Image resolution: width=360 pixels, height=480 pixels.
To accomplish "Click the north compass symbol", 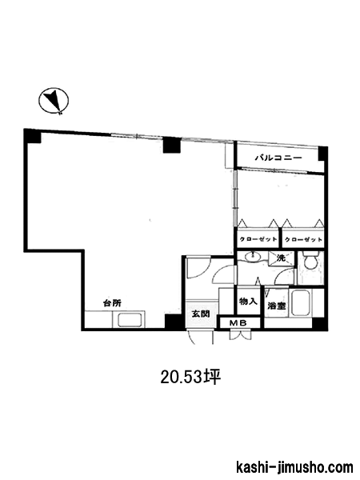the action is click(x=54, y=101).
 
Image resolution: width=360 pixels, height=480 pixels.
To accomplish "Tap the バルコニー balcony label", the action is click(x=279, y=158).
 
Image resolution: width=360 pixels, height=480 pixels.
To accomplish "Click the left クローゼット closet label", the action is click(x=258, y=239).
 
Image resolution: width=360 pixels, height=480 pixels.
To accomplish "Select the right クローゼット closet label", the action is click(x=303, y=239).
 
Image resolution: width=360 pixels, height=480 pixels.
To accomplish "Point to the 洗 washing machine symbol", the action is click(x=281, y=258).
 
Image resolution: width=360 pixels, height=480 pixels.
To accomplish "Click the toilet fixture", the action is click(x=310, y=260).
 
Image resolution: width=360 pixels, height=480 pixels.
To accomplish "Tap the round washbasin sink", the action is click(x=253, y=257).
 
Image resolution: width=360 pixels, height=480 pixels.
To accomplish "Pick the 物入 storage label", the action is click(x=248, y=302).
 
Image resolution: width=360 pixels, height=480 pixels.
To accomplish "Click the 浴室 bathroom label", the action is click(x=277, y=306).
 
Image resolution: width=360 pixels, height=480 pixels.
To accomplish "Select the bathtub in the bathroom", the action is click(x=302, y=303).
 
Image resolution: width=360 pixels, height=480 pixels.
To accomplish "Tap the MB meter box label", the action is click(x=240, y=322).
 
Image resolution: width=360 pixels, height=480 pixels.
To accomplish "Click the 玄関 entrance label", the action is click(x=201, y=314).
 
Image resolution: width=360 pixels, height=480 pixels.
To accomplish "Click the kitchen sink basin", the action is click(x=129, y=320).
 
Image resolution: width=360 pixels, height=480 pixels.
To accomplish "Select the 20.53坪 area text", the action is click(x=190, y=378).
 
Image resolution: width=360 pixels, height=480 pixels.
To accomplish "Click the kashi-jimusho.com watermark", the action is click(x=295, y=468).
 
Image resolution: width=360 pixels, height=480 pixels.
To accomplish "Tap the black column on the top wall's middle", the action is click(x=172, y=145).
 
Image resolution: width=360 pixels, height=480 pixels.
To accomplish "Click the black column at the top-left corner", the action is click(x=33, y=136).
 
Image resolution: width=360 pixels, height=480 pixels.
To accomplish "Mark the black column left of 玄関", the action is click(x=174, y=322).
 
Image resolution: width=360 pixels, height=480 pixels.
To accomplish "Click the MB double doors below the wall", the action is click(x=240, y=335).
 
